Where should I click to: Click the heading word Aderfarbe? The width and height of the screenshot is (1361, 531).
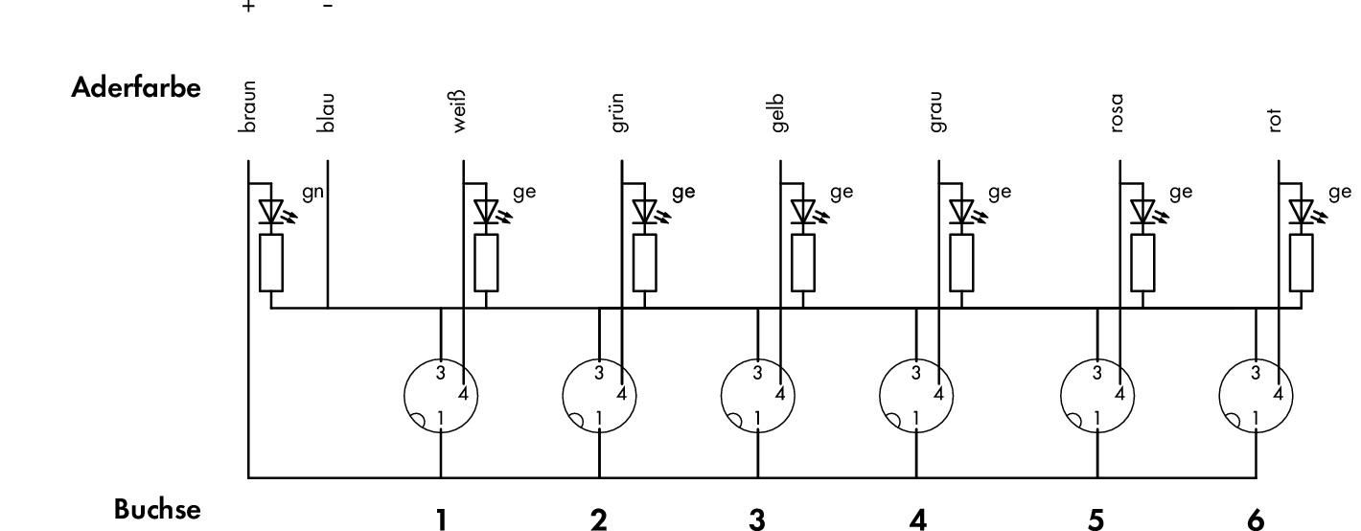(x=135, y=87)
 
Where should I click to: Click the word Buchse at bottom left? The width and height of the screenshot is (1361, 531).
(x=157, y=509)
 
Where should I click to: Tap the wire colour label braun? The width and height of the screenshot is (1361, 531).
(x=248, y=106)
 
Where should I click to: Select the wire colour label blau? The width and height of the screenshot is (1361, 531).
(x=326, y=112)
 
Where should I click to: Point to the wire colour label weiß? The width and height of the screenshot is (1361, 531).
(x=459, y=111)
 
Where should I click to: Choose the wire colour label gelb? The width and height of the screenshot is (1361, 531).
(x=777, y=113)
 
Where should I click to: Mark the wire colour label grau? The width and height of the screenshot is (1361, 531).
(x=935, y=112)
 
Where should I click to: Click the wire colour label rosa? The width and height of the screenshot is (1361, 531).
(x=1117, y=113)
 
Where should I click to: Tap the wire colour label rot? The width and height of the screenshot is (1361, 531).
(x=1275, y=121)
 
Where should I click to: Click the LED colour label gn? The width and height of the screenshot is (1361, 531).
(x=312, y=194)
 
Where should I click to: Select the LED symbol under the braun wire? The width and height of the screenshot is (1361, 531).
(x=275, y=212)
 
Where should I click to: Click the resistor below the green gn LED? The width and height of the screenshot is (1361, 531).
(x=271, y=263)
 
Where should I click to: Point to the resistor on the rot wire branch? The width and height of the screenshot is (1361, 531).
(x=1301, y=263)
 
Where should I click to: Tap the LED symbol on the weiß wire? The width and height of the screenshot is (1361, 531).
(x=490, y=212)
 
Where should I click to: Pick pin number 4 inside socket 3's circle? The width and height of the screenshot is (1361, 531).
(x=780, y=394)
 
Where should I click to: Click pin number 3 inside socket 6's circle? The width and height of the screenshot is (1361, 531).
(x=1256, y=373)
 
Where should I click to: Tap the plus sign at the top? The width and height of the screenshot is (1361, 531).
(x=248, y=7)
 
